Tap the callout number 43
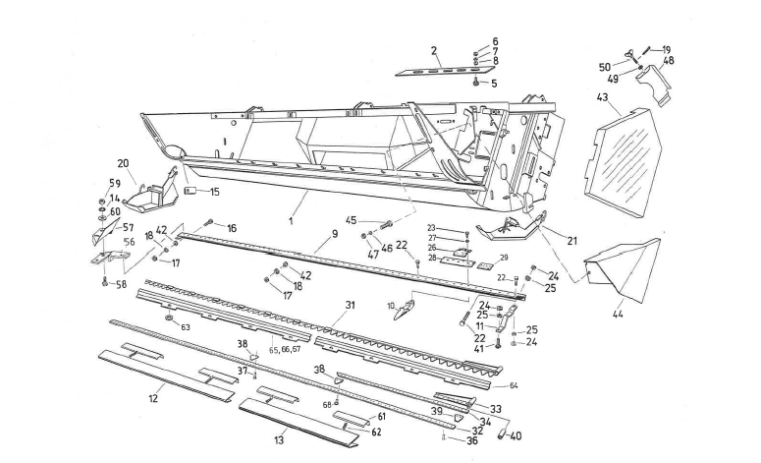(x=602, y=98)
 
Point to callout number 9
(x=333, y=234)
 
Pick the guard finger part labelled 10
(x=402, y=312)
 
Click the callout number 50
(x=606, y=67)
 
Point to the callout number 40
(x=516, y=436)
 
